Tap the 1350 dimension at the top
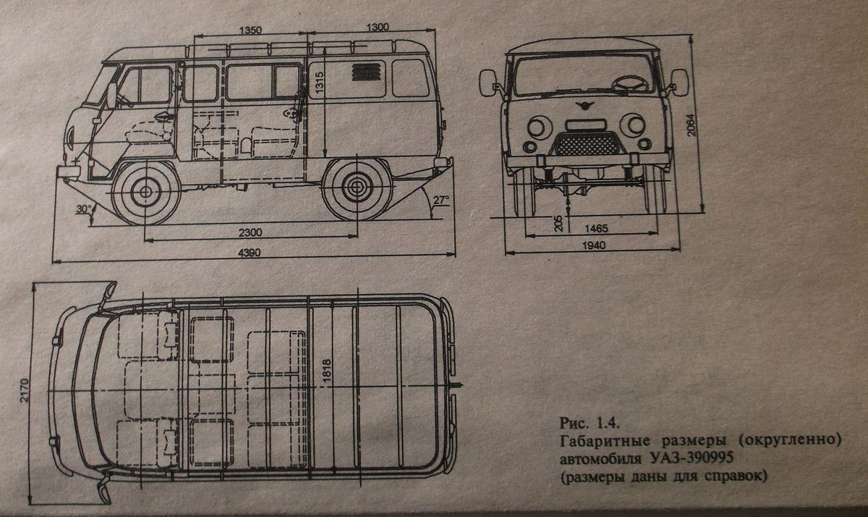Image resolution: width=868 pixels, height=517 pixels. (x=249, y=30)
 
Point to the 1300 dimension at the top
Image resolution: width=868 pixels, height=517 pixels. (x=377, y=26)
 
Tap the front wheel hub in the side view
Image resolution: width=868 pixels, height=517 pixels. (x=145, y=192)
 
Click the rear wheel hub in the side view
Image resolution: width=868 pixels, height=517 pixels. (x=354, y=186)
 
